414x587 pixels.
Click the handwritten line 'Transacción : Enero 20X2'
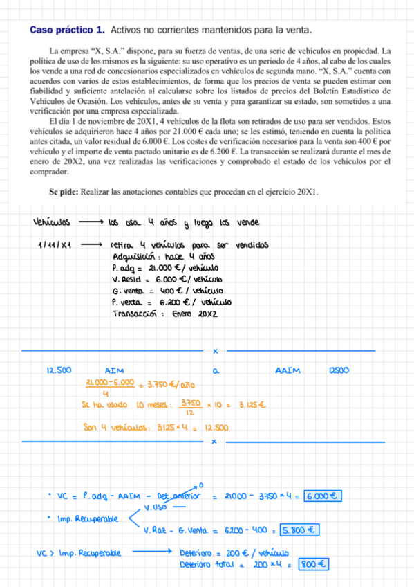(x=163, y=314)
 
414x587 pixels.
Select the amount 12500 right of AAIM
(x=339, y=370)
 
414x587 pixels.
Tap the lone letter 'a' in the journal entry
(x=216, y=371)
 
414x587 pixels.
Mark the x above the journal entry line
(x=215, y=351)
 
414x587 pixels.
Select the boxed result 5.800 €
(x=299, y=530)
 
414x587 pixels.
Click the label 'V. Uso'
(x=157, y=507)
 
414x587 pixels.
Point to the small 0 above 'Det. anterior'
(x=200, y=485)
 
